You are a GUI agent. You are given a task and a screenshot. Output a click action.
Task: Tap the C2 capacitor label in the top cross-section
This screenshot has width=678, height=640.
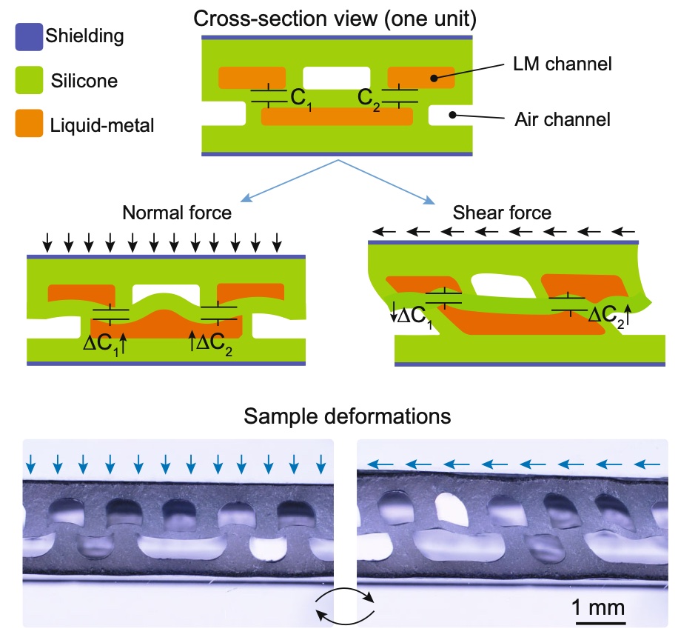pos(369,98)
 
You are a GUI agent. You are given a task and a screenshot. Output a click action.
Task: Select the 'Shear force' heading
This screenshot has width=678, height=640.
pos(503,213)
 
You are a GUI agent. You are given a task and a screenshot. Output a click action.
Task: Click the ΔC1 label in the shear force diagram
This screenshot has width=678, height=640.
pos(413,315)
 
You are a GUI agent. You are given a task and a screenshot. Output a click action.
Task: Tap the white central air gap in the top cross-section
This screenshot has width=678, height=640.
pos(337,76)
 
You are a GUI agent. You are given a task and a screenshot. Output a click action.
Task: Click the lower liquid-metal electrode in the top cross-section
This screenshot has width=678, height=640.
pos(337,116)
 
